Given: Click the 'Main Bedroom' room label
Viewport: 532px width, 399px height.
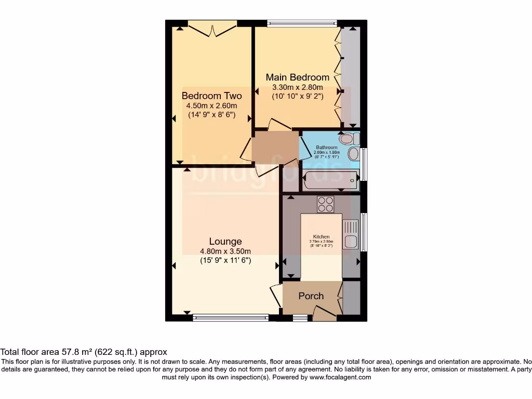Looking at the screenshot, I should [x=298, y=77].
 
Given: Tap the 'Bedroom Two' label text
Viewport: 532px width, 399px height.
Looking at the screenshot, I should [x=211, y=96].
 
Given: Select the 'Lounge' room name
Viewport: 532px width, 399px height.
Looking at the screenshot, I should [x=225, y=241].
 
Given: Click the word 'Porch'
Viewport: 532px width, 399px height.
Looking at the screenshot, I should [x=311, y=296].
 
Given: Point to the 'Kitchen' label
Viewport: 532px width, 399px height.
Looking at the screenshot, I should [x=322, y=237].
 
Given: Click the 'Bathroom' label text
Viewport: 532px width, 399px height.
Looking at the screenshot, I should [x=327, y=147].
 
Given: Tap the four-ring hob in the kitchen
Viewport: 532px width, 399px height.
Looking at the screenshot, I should [x=325, y=204].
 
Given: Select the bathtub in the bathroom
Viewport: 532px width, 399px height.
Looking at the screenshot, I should [x=331, y=180].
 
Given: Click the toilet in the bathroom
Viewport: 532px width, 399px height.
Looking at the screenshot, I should [x=348, y=139].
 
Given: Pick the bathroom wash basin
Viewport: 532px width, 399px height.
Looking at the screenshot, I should [x=353, y=154].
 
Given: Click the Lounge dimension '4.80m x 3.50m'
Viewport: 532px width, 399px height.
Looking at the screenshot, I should [x=225, y=251].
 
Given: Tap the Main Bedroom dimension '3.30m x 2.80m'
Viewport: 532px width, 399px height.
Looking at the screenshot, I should [x=298, y=87].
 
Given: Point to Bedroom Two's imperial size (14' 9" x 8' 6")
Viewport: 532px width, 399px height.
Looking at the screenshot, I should [x=211, y=115].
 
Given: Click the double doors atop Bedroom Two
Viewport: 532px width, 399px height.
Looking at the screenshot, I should [x=212, y=29].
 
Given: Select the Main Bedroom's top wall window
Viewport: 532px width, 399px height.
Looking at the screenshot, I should [x=302, y=23].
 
